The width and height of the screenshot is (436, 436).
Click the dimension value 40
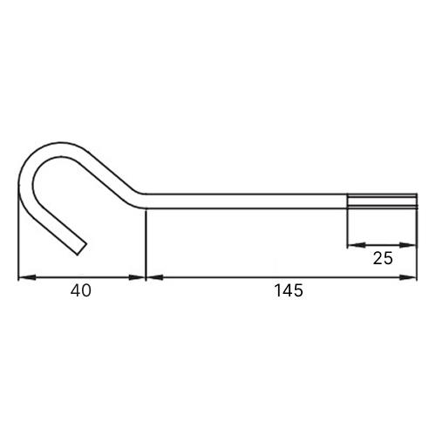81,290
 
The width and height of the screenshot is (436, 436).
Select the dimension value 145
289,290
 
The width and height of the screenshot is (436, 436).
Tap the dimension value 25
383,258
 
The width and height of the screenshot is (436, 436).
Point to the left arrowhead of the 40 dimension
27,277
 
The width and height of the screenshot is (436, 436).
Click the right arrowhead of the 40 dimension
137,277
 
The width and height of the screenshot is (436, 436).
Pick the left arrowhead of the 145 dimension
154,277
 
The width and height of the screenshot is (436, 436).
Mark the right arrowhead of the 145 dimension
408,277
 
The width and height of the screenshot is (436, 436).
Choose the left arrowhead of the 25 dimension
357,245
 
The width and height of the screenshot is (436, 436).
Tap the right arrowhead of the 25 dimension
408,245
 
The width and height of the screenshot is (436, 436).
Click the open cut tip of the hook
82,249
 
